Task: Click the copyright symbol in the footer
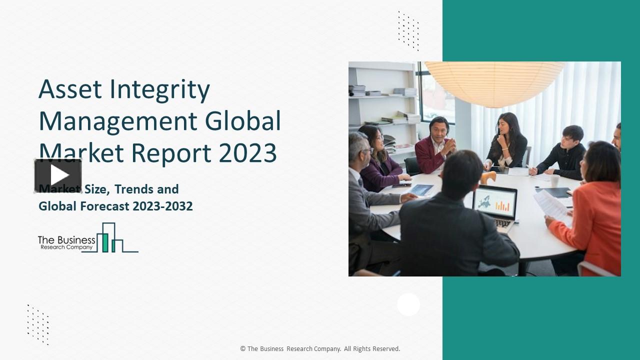pos(243,349)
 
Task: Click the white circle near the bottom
pos(408,304)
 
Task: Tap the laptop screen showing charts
pos(494,202)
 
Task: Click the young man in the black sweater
pos(565,152)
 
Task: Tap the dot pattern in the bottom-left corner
pos(38,324)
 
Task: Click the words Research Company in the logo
pos(66,247)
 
